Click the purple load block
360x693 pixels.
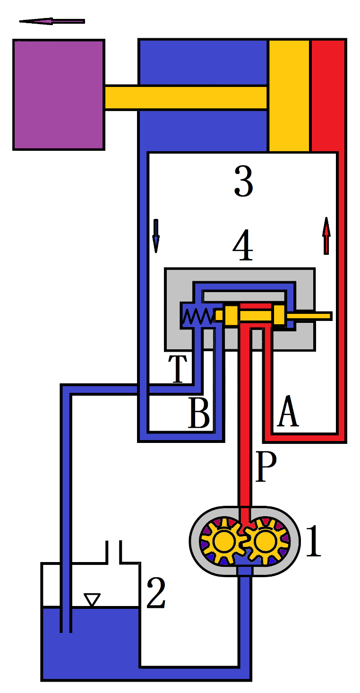click(59, 95)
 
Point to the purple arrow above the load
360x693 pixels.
click(52, 21)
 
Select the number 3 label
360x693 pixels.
click(244, 182)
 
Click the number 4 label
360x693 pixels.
click(243, 247)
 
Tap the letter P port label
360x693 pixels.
click(266, 467)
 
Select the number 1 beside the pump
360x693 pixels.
click(313, 542)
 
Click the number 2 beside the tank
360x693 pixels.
click(155, 593)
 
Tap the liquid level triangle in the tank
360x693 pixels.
click(92, 600)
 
